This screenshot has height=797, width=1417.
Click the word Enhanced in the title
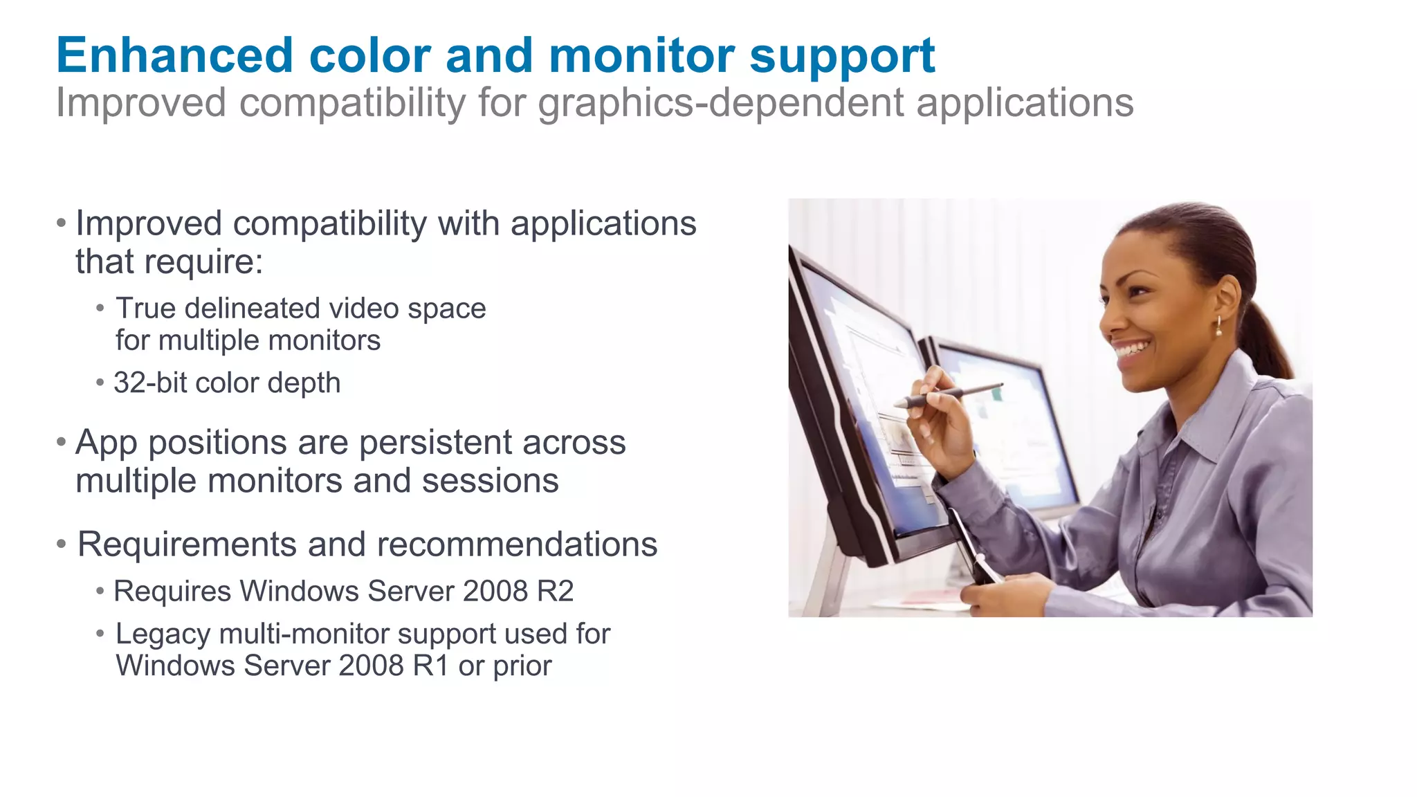[175, 55]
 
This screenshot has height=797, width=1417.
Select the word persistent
[436, 443]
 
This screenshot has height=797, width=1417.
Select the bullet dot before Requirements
[62, 544]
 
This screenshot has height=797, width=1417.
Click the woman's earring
[1218, 327]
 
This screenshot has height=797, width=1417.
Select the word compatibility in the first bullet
[329, 224]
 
